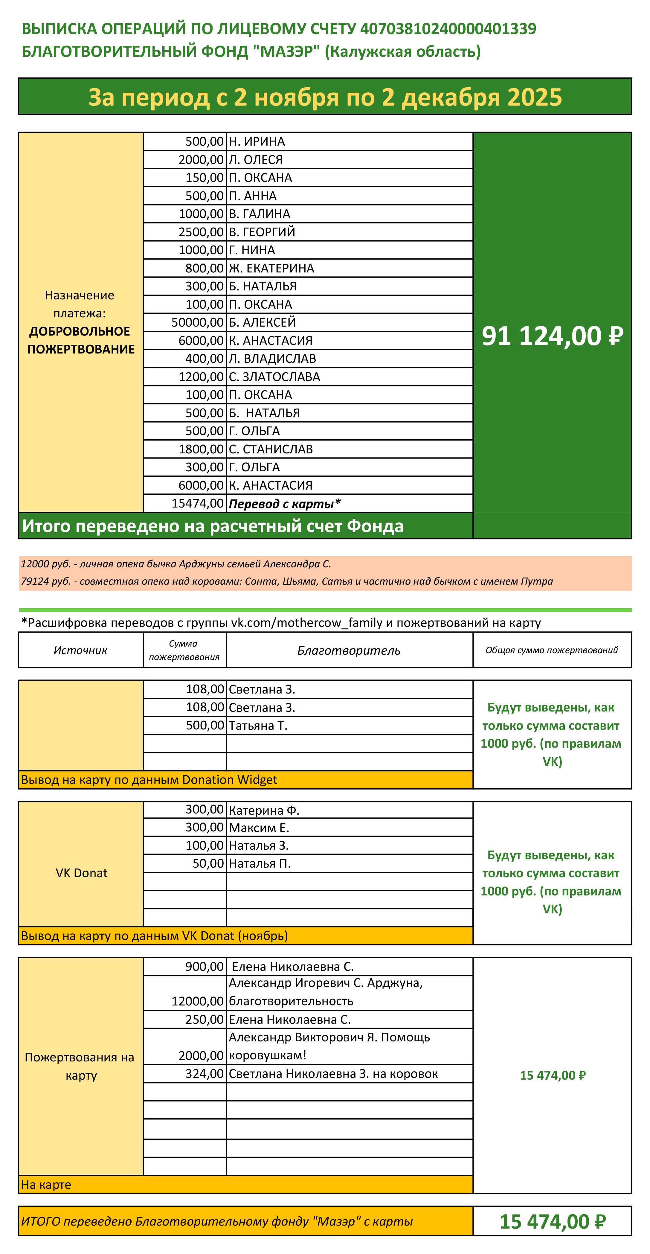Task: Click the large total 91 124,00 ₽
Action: coord(552,336)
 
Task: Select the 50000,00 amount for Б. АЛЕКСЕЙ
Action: coord(197,322)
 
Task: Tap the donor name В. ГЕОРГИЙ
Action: coord(262,232)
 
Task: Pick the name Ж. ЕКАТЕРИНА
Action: coord(271,268)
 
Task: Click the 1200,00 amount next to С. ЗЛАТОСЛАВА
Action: coord(201,377)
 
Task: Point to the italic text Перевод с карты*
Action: coord(285,503)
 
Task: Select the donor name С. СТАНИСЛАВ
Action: coord(271,449)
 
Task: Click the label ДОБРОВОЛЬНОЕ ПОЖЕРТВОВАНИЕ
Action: coord(81,340)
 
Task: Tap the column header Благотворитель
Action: coord(349,650)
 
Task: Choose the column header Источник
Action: coord(81,650)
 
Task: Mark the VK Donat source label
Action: coord(81,873)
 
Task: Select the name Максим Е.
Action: coord(259,828)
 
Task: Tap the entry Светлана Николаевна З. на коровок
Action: coord(333,1073)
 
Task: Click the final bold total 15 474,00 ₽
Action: coord(552,1221)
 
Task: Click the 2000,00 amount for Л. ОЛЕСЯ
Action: coord(201,160)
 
